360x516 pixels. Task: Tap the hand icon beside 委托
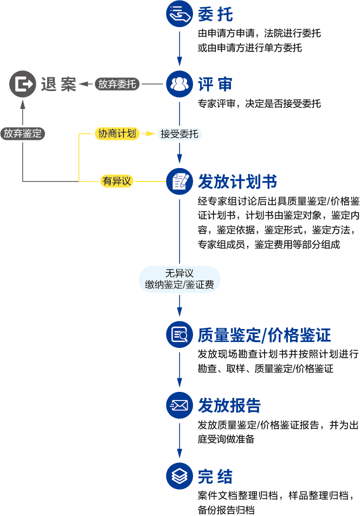(179, 15)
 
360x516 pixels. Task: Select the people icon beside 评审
(179, 84)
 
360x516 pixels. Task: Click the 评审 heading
(215, 84)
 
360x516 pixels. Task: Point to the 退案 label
(59, 84)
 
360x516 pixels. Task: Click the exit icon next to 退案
(23, 84)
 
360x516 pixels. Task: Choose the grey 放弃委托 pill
(117, 84)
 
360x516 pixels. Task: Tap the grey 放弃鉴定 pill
(22, 133)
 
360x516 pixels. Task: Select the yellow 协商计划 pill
(117, 133)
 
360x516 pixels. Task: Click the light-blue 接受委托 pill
(179, 134)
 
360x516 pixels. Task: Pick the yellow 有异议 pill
(117, 181)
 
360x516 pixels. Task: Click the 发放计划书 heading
(238, 180)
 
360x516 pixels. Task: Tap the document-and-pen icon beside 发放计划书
(179, 180)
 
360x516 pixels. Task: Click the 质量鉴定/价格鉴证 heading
(265, 336)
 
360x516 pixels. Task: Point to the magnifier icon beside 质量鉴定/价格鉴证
(179, 336)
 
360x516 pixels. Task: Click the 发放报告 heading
(230, 405)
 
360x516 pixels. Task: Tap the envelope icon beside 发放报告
(179, 405)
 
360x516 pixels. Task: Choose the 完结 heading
(215, 476)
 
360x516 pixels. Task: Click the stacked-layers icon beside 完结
(179, 476)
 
